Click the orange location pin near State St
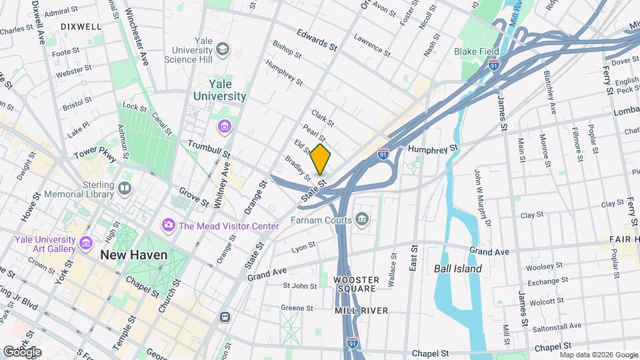(321, 159)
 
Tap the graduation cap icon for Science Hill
(222, 50)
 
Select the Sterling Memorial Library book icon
(124, 189)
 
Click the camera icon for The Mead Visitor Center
(168, 225)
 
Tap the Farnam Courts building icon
(362, 219)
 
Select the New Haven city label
(133, 255)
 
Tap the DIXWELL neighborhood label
(81, 27)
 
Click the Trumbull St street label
(209, 149)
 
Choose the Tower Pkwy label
(95, 155)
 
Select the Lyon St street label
(303, 248)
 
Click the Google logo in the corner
(22, 351)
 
